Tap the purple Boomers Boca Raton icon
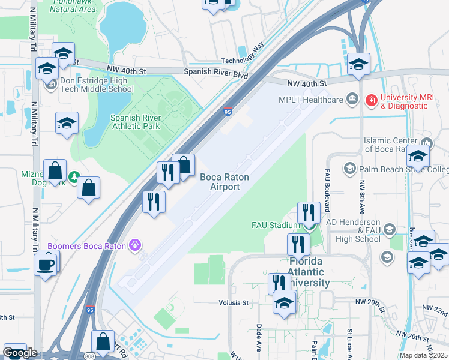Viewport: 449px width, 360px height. tap(136, 245)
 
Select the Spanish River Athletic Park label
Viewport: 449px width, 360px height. tap(143, 122)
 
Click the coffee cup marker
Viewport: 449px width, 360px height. tap(46, 264)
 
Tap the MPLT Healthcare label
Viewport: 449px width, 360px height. tap(310, 100)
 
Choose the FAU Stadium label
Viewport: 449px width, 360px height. tap(274, 226)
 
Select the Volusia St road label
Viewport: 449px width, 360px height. tap(233, 303)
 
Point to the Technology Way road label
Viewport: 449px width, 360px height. tap(243, 53)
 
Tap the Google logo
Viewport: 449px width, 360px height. tap(20, 353)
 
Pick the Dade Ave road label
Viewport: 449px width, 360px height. tap(258, 337)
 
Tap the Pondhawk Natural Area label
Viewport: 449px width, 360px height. tap(73, 6)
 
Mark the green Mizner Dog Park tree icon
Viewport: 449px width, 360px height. tap(73, 177)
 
